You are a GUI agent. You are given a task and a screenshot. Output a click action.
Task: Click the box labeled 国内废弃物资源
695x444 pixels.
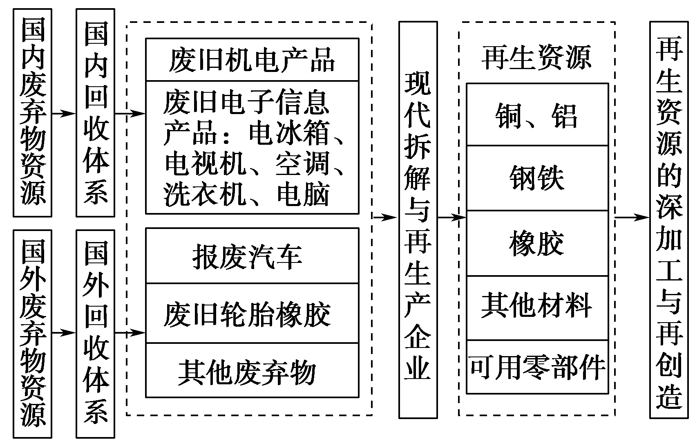[x=33, y=112]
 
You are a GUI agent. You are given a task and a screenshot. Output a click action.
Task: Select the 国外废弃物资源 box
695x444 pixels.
[x=33, y=333]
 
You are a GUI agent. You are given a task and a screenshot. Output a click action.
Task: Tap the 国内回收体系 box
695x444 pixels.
[x=95, y=112]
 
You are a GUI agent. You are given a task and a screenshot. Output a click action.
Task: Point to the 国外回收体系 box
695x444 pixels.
[x=95, y=333]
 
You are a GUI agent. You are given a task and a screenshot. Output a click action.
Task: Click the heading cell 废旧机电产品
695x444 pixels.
[x=252, y=61]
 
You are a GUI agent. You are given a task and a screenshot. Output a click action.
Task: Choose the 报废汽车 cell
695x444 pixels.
[x=252, y=257]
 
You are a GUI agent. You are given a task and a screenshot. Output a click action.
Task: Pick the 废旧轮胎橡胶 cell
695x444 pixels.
[x=252, y=314]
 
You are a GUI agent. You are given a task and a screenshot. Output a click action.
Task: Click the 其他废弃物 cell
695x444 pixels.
[x=252, y=371]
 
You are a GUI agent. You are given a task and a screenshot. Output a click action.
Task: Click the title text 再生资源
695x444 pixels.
[x=536, y=57]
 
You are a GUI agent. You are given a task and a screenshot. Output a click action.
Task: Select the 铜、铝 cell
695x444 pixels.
[x=536, y=115]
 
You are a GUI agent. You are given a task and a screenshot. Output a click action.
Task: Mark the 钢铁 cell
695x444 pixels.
[x=536, y=178]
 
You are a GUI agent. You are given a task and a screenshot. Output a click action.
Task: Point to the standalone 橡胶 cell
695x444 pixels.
[x=536, y=244]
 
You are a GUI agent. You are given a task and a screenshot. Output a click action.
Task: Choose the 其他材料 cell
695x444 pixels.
[x=536, y=307]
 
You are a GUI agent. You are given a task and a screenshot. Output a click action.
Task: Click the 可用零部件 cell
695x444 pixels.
[x=536, y=367]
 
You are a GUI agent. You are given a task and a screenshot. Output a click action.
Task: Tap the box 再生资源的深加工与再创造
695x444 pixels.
[x=669, y=221]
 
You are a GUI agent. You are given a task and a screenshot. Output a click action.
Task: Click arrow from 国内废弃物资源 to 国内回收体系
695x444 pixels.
[x=64, y=114]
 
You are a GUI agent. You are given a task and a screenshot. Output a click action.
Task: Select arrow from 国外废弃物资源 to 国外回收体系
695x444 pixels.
[x=64, y=333]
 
